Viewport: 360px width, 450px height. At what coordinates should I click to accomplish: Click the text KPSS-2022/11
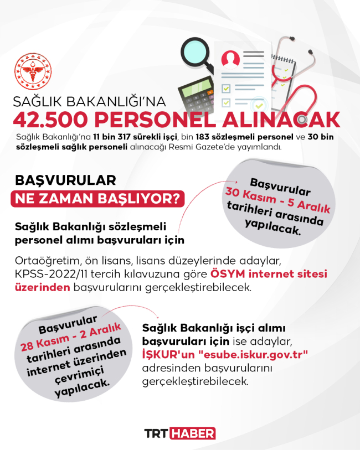click(45, 275)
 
